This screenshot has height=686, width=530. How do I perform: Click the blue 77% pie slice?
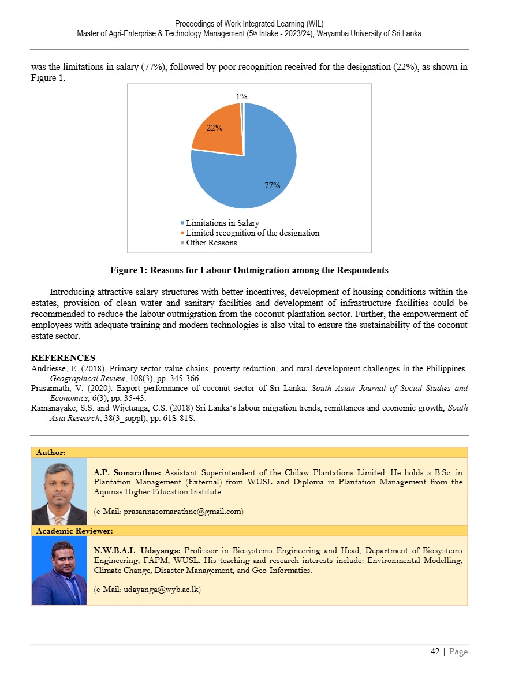[254, 173]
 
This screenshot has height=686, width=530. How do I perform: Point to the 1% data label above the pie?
[242, 97]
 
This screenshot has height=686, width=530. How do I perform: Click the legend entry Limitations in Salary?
[222, 223]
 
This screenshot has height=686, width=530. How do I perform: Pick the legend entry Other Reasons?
[211, 243]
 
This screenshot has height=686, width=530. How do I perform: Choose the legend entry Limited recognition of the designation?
[252, 233]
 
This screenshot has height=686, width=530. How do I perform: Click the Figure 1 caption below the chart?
[249, 270]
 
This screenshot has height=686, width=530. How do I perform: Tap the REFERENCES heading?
[63, 358]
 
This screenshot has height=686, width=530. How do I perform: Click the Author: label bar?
[51, 452]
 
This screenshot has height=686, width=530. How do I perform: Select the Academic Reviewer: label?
[74, 530]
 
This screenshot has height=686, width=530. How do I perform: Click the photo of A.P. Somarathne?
[59, 491]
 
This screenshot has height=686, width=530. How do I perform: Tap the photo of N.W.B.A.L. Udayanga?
[59, 571]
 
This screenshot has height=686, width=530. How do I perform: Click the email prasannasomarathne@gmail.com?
[169, 511]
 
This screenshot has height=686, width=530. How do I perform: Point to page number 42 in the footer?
[435, 651]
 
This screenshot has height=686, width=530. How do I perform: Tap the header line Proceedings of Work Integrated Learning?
[249, 24]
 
